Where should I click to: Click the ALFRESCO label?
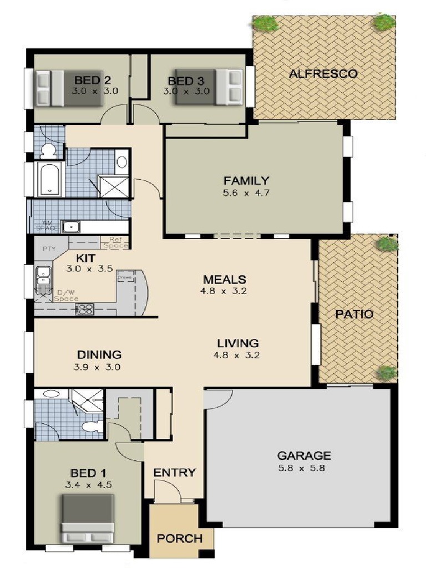[x=323, y=73]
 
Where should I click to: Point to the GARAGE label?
[x=304, y=456]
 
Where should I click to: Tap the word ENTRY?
[x=175, y=473]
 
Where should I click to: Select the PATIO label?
[x=354, y=314]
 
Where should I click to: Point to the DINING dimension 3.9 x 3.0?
[x=99, y=367]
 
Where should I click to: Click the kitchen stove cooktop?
[x=84, y=310]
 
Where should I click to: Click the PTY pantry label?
[x=49, y=248]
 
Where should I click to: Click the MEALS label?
[x=224, y=279]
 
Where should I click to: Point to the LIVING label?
[x=237, y=343]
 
